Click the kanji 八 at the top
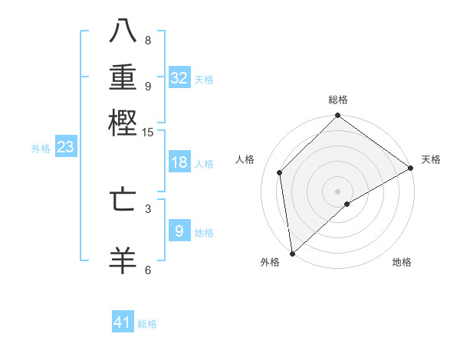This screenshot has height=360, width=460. click(x=123, y=31)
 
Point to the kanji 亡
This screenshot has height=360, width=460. click(x=123, y=198)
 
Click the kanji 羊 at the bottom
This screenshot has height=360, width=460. click(x=123, y=260)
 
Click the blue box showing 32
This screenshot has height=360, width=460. click(x=179, y=78)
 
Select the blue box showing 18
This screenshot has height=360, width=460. click(x=179, y=162)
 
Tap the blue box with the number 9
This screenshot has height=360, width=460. click(x=179, y=231)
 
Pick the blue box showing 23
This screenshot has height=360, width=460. click(x=65, y=148)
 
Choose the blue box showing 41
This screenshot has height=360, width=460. click(x=123, y=322)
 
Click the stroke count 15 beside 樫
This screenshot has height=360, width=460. click(x=148, y=133)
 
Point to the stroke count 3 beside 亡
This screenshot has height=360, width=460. click(x=148, y=208)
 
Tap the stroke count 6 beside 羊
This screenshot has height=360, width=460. click(x=148, y=270)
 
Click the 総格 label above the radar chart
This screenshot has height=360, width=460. click(x=338, y=100)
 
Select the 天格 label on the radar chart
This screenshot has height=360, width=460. click(x=431, y=159)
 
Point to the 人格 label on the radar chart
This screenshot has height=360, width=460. click(x=245, y=159)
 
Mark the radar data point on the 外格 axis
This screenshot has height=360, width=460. click(x=292, y=254)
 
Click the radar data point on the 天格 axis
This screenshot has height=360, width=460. click(x=411, y=168)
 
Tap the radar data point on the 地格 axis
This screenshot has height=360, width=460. click(x=347, y=204)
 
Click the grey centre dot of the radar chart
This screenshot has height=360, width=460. click(x=338, y=191)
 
